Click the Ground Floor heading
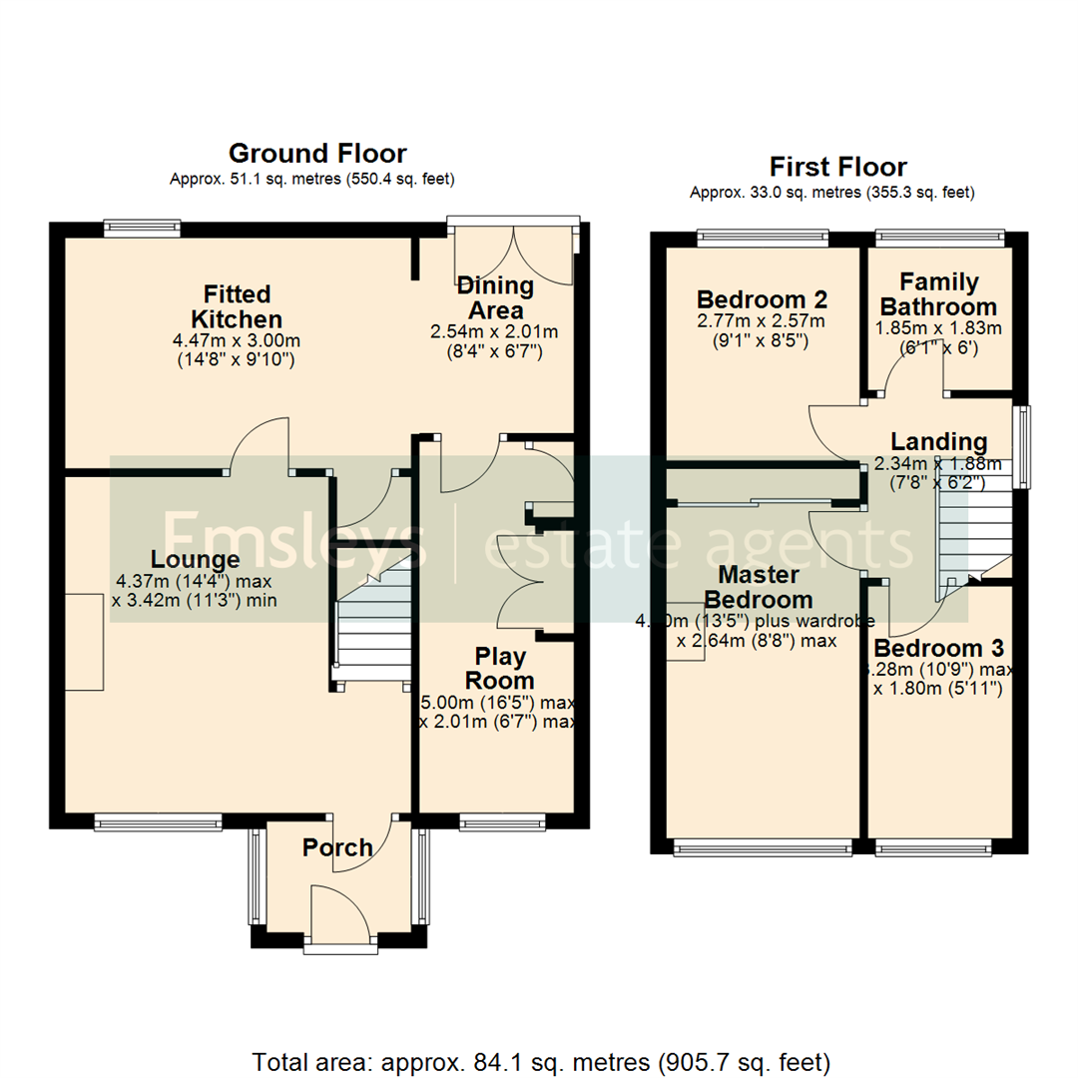point(317,154)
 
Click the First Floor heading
point(837,167)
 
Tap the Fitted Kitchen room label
point(237,306)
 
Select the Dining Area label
point(496,298)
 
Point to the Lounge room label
point(195,560)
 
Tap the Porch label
point(337,847)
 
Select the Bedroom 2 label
point(763,299)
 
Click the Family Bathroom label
point(938,294)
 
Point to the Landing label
point(938,441)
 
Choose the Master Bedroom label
point(759,588)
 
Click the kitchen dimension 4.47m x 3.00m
point(237,339)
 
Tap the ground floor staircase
point(373,629)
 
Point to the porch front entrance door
point(339,913)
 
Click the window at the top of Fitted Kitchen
point(141,228)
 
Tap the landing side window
point(1022,446)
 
